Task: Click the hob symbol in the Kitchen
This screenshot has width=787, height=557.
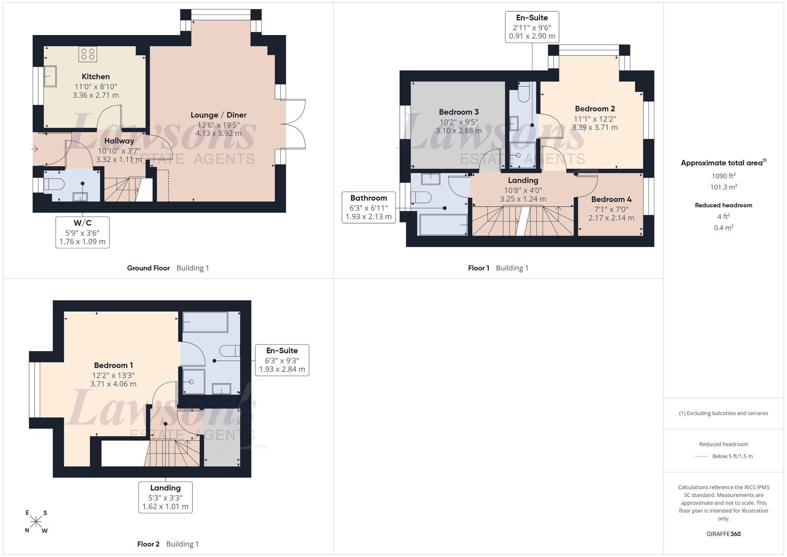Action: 88,54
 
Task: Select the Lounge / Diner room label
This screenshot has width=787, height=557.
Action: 219,115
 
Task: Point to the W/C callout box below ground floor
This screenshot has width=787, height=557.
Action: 83,232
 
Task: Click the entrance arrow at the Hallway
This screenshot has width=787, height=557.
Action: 35,149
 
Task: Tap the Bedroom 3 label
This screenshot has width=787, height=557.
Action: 459,112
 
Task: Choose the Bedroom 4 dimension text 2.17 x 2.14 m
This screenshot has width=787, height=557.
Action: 611,218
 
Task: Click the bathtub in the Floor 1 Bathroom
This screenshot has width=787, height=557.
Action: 443,224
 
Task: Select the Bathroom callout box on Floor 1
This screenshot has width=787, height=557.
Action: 369,207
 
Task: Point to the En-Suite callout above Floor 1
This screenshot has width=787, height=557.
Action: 532,27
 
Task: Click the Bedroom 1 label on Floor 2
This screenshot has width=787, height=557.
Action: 113,365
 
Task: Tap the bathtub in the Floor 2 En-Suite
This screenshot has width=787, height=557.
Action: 205,322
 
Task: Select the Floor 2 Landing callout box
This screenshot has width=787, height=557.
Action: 165,497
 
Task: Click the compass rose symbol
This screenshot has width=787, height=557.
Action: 36,522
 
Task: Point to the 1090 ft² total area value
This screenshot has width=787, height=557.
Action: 724,176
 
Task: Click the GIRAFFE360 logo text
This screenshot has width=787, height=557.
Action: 724,534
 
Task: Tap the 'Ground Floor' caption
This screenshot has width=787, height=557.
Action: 148,268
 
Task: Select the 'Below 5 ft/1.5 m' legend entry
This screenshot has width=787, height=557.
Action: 732,456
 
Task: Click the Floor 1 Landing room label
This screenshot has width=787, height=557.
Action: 523,180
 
